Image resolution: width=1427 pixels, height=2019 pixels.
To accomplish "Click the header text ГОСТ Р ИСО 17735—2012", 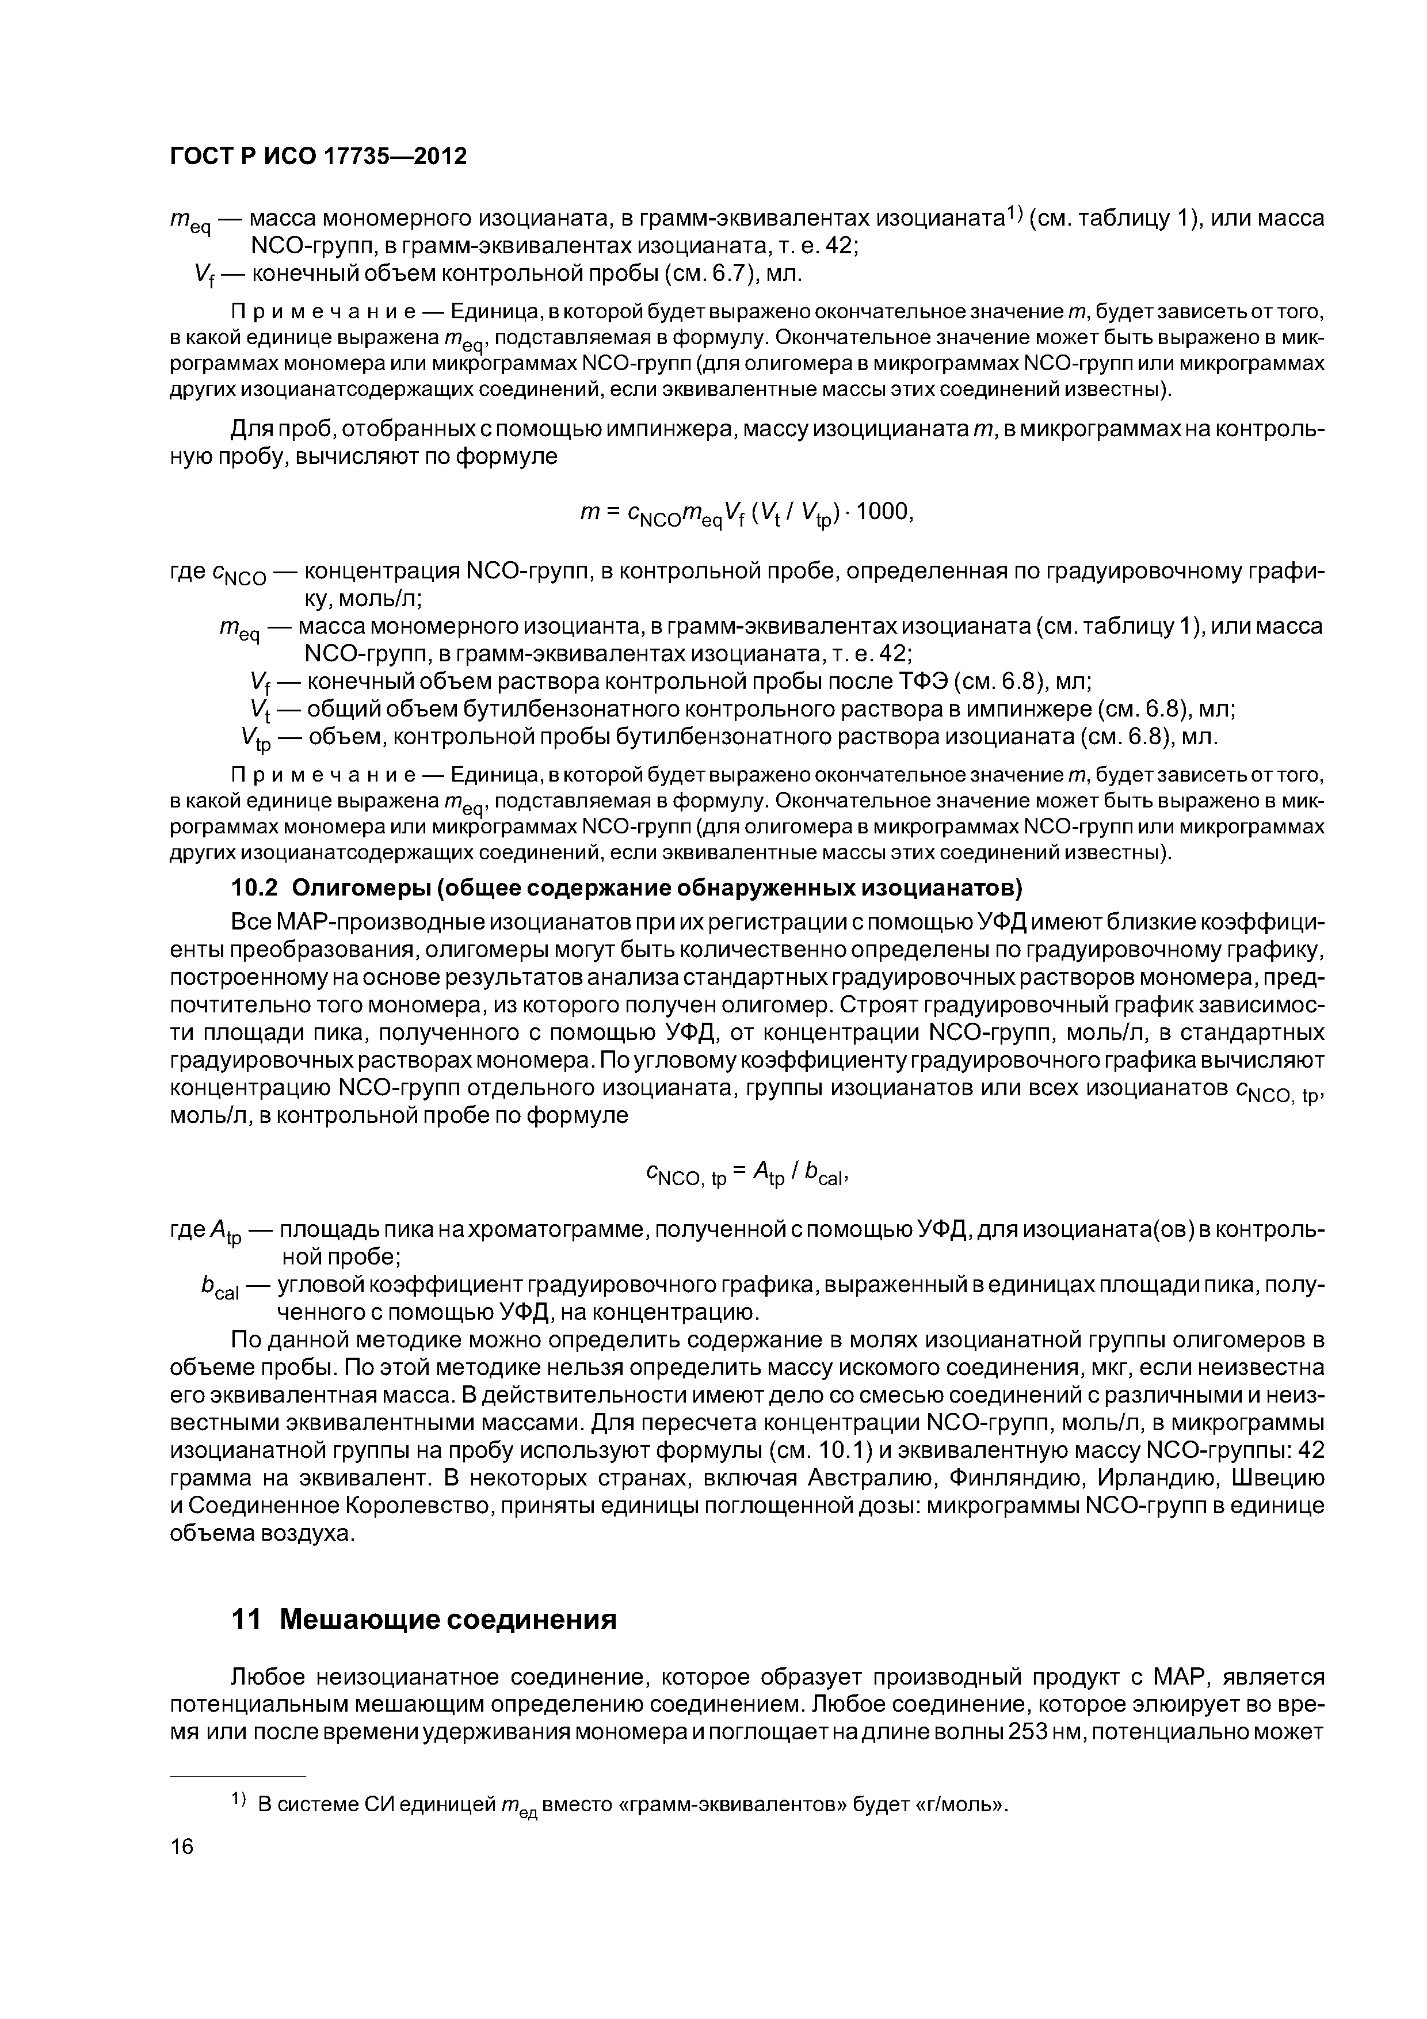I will (318, 157).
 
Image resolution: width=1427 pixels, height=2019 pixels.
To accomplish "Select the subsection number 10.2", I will (254, 888).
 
